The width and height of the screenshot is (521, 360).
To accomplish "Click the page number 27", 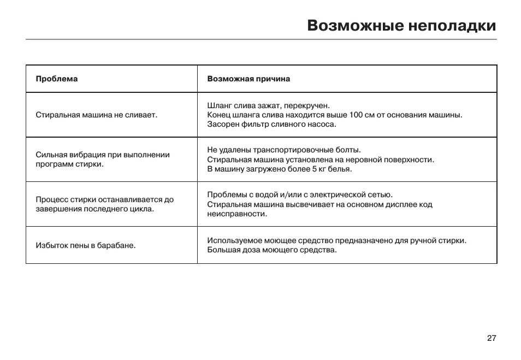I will point(491,338).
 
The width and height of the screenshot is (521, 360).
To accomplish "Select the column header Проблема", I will point(56,79).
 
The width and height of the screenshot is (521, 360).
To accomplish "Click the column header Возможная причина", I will point(248,79).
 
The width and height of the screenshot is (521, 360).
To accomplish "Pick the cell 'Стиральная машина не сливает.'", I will point(96,115).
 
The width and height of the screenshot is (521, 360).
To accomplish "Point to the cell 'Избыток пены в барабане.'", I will point(85,245).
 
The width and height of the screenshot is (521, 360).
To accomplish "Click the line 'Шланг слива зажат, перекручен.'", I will point(269,105).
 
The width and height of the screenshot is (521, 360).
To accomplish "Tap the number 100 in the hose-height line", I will point(356,115).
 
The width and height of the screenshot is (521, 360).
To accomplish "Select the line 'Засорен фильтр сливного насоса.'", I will point(271,124).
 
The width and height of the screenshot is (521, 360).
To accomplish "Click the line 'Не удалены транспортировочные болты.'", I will point(284,150).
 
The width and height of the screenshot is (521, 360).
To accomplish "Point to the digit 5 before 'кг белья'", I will point(314,169).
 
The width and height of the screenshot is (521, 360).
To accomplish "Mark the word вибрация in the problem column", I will point(82,155).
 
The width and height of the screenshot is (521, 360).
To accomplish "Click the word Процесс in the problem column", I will point(51,199).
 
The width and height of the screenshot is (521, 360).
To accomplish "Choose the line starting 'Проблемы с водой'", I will point(300,194).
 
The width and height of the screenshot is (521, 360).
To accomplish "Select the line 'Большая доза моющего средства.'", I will point(272,250).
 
